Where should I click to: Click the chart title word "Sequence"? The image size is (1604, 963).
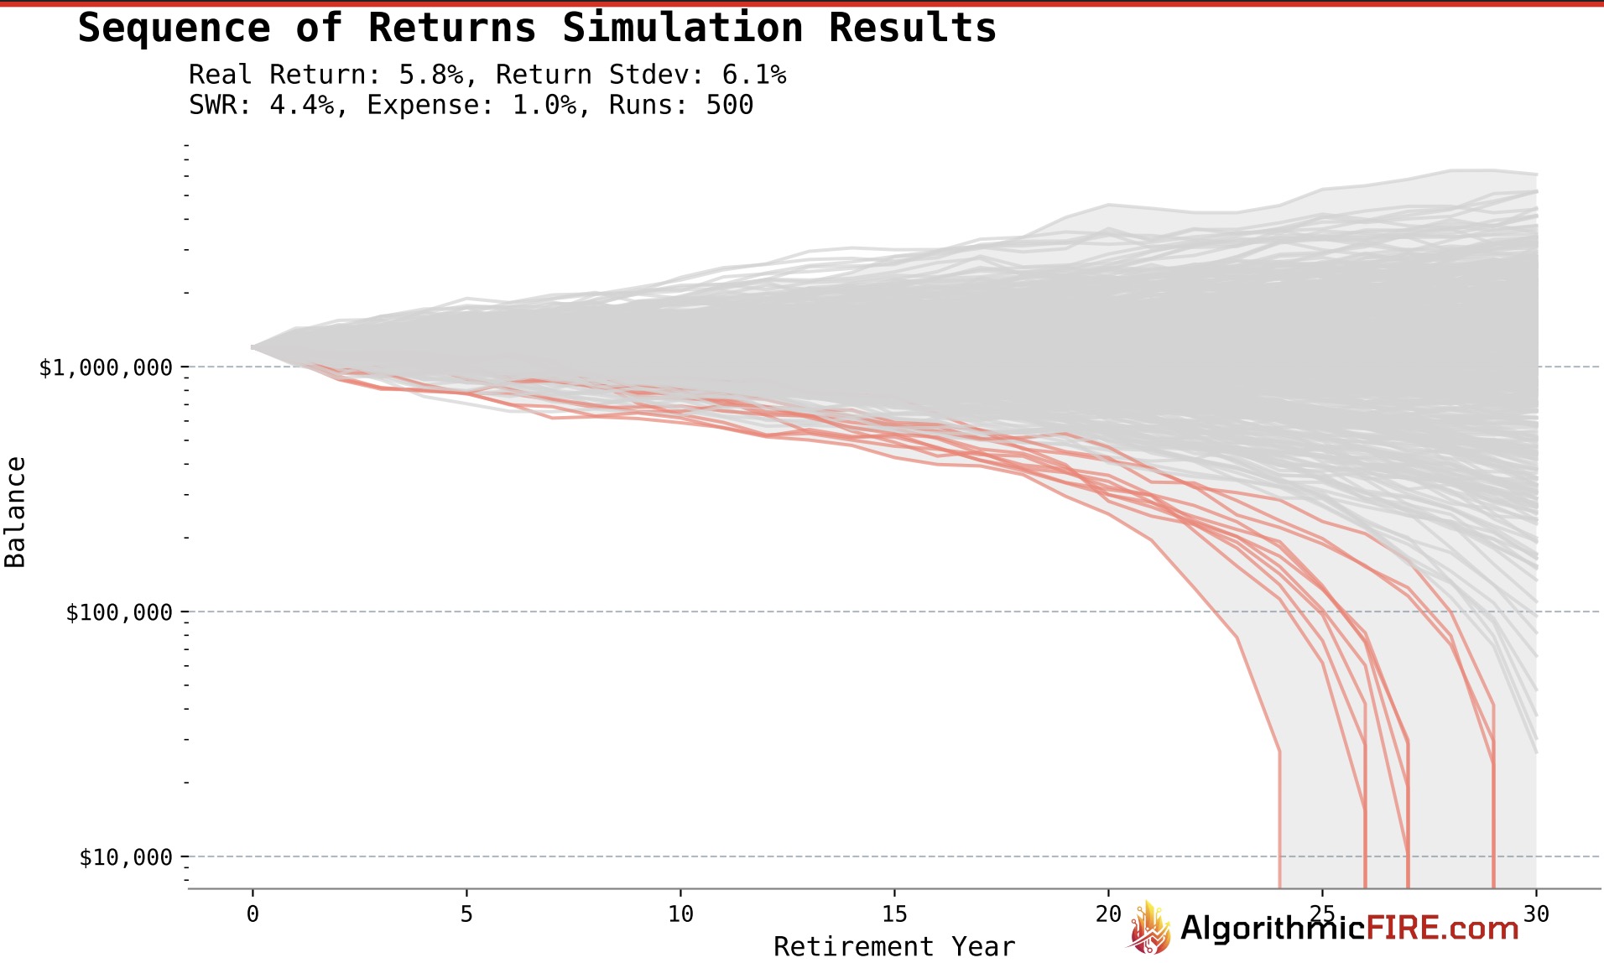pyautogui.click(x=174, y=28)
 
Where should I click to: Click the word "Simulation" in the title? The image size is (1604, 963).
pyautogui.click(x=683, y=28)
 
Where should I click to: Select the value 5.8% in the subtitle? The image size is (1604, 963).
pyautogui.click(x=430, y=75)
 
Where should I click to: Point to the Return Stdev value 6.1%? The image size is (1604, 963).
pyautogui.click(x=753, y=75)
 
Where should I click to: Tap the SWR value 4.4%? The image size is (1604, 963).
pyautogui.click(x=301, y=106)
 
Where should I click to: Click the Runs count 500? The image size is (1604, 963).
pyautogui.click(x=730, y=106)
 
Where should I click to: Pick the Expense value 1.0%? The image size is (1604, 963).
pyautogui.click(x=544, y=106)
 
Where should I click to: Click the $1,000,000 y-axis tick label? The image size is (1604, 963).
pyautogui.click(x=106, y=367)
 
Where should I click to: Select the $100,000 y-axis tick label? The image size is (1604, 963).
pyautogui.click(x=119, y=612)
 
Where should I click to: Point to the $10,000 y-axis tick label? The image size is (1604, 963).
pyautogui.click(x=126, y=857)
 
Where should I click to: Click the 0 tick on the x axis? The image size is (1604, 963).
pyautogui.click(x=253, y=914)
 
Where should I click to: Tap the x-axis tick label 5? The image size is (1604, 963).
pyautogui.click(x=466, y=914)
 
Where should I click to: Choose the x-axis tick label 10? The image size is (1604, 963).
pyautogui.click(x=680, y=914)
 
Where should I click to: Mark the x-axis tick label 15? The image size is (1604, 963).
pyautogui.click(x=894, y=914)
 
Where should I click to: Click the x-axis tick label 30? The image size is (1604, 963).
pyautogui.click(x=1536, y=914)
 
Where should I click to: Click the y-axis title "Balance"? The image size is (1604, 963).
pyautogui.click(x=15, y=512)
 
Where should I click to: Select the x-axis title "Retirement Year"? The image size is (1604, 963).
pyautogui.click(x=893, y=947)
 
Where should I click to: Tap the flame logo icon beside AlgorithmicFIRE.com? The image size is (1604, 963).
pyautogui.click(x=1150, y=929)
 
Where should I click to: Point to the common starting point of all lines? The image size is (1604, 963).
pyautogui.click(x=253, y=346)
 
